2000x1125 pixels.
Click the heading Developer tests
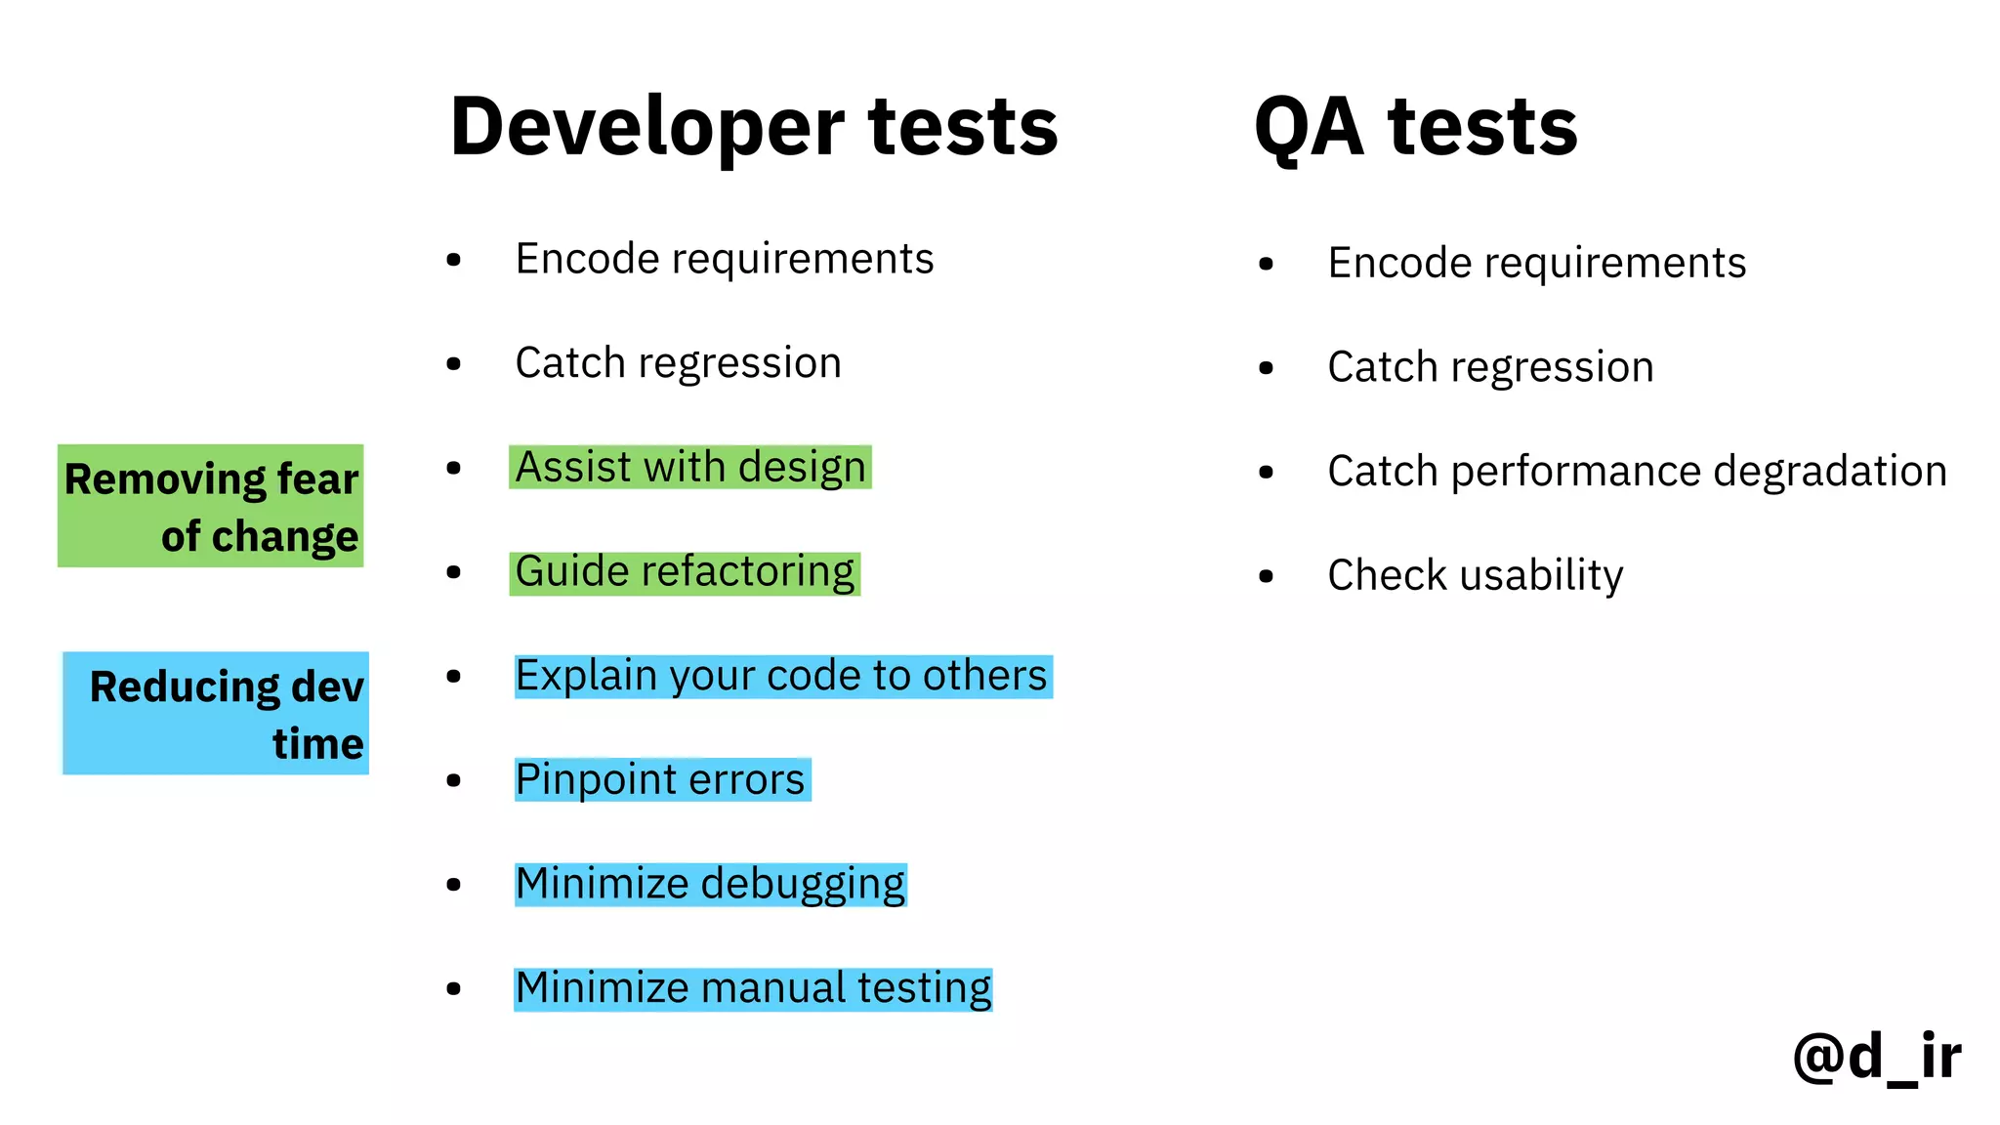(753, 127)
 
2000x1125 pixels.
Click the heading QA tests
(1415, 127)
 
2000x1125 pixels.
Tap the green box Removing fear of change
(211, 506)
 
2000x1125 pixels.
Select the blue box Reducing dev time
(216, 713)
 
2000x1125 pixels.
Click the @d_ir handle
(1876, 1057)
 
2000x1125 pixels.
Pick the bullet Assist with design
(689, 467)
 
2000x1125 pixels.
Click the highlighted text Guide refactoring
(684, 571)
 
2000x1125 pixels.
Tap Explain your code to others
(781, 676)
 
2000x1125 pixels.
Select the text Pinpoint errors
(660, 779)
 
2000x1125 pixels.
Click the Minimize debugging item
(710, 884)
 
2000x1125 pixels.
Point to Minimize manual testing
(753, 988)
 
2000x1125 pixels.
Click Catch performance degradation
(1637, 472)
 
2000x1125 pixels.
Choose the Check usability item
(1475, 575)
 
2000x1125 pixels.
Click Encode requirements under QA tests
(1536, 263)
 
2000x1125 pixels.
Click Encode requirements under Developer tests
(724, 259)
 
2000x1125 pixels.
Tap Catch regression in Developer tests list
(678, 363)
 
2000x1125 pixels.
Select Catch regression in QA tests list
(1490, 367)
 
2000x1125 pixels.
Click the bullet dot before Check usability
(1267, 576)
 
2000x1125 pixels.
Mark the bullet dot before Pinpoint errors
(453, 780)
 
